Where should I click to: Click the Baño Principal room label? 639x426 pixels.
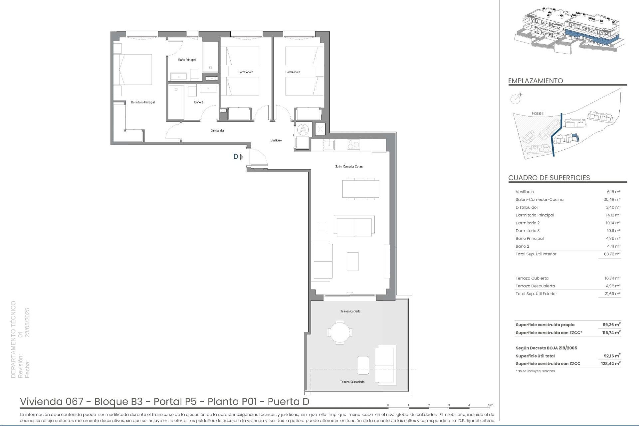187,60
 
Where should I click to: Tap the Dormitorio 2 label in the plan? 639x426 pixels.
246,72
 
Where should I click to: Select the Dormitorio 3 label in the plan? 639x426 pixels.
293,72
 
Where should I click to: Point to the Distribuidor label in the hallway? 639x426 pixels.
217,131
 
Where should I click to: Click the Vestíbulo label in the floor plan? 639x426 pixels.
276,140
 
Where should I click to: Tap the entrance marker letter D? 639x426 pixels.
236,157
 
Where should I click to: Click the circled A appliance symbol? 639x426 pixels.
304,129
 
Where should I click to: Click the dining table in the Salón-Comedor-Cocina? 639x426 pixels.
361,189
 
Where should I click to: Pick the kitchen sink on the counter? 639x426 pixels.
329,145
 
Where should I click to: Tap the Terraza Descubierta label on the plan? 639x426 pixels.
352,382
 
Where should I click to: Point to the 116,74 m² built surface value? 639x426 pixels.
611,333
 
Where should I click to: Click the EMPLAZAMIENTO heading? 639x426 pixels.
535,81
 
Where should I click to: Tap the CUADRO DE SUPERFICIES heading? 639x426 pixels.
549,178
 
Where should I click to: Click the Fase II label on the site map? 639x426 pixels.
538,113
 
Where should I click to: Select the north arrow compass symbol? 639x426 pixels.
516,98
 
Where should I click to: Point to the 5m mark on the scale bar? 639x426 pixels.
491,405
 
